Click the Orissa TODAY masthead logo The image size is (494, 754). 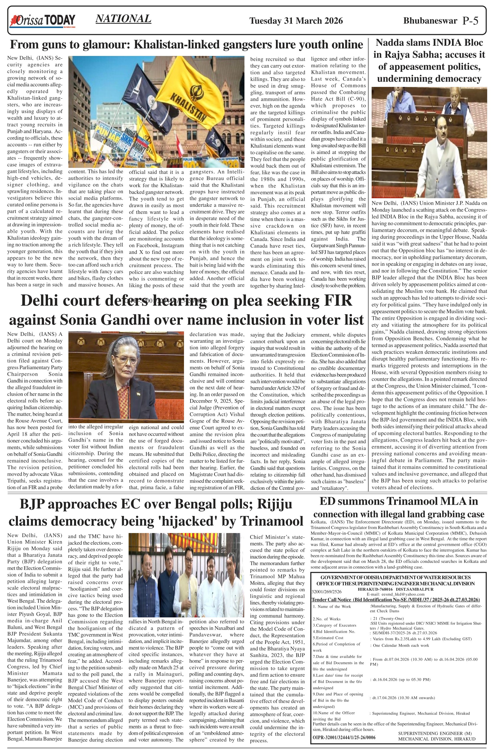pos(43,21)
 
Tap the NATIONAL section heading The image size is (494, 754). pos(123,19)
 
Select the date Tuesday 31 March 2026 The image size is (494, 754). pos(296,21)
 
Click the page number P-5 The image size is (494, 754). pos(470,21)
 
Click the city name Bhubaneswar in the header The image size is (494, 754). pos(430,21)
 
